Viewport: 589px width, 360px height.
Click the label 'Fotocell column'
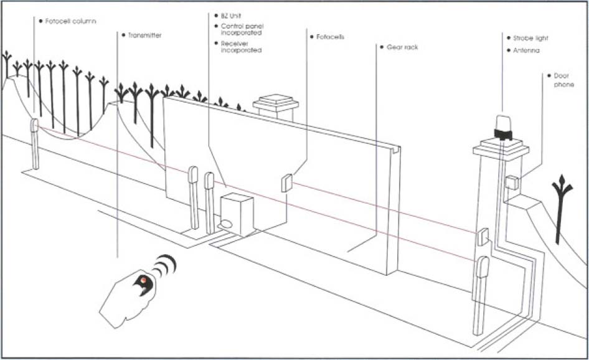[70, 21]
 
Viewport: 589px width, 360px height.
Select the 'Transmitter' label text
[144, 36]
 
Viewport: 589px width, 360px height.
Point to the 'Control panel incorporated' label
[241, 29]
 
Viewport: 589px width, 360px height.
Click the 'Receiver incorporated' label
[241, 47]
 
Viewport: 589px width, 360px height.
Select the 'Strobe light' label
[530, 38]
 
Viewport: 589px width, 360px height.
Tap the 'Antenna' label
[526, 50]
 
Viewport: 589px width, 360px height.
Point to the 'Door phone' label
[563, 80]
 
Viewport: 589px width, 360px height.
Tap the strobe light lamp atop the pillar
[502, 125]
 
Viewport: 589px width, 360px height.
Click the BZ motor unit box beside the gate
[237, 213]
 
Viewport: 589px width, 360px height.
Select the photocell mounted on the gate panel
[287, 182]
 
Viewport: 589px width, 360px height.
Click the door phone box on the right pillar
[511, 182]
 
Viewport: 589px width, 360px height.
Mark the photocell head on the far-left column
[35, 126]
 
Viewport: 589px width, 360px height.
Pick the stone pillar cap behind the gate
[275, 102]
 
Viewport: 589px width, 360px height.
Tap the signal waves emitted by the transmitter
[165, 265]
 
